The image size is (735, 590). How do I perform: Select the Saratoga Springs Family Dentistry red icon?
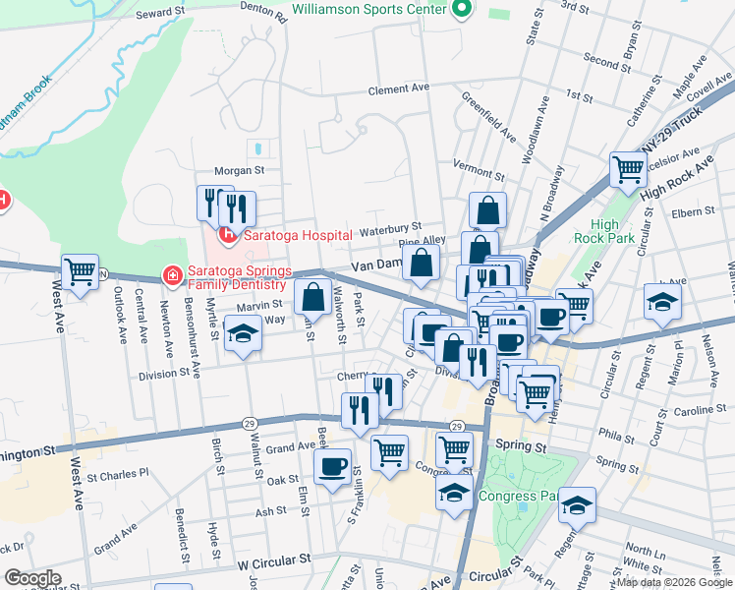[172, 276]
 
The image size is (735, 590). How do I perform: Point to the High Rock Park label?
[612, 231]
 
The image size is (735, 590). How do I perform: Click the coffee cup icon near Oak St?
[332, 465]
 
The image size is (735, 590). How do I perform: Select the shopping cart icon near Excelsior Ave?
[627, 168]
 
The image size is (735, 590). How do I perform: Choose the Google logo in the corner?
[32, 578]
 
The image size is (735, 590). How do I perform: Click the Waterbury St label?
[389, 229]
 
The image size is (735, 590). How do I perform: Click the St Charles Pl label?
[117, 472]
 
